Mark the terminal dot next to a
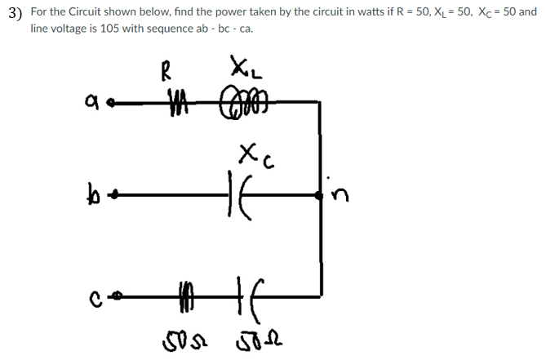(111, 104)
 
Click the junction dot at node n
(320, 195)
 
